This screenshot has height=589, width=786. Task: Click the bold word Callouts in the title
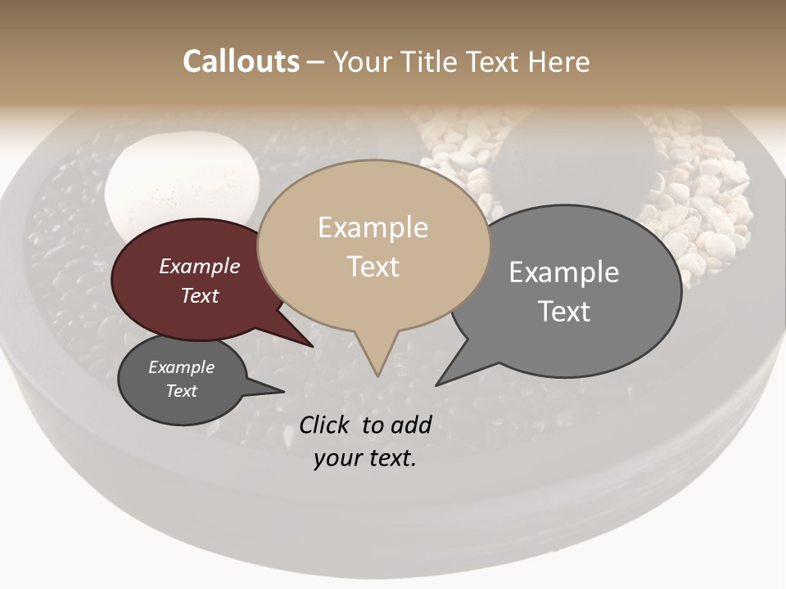tap(241, 61)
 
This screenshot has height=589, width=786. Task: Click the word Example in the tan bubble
tap(373, 227)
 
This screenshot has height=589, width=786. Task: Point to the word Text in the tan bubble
tap(373, 267)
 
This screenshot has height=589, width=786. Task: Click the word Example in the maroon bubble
tap(199, 267)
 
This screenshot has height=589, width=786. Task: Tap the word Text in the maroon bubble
tap(199, 295)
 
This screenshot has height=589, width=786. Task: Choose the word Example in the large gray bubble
tap(563, 272)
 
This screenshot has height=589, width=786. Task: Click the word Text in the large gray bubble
tap(563, 312)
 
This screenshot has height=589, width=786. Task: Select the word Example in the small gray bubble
tap(181, 367)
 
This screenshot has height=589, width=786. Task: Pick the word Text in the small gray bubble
tap(181, 391)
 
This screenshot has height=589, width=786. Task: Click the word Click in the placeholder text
tap(325, 425)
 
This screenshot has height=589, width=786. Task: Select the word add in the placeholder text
tap(411, 425)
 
